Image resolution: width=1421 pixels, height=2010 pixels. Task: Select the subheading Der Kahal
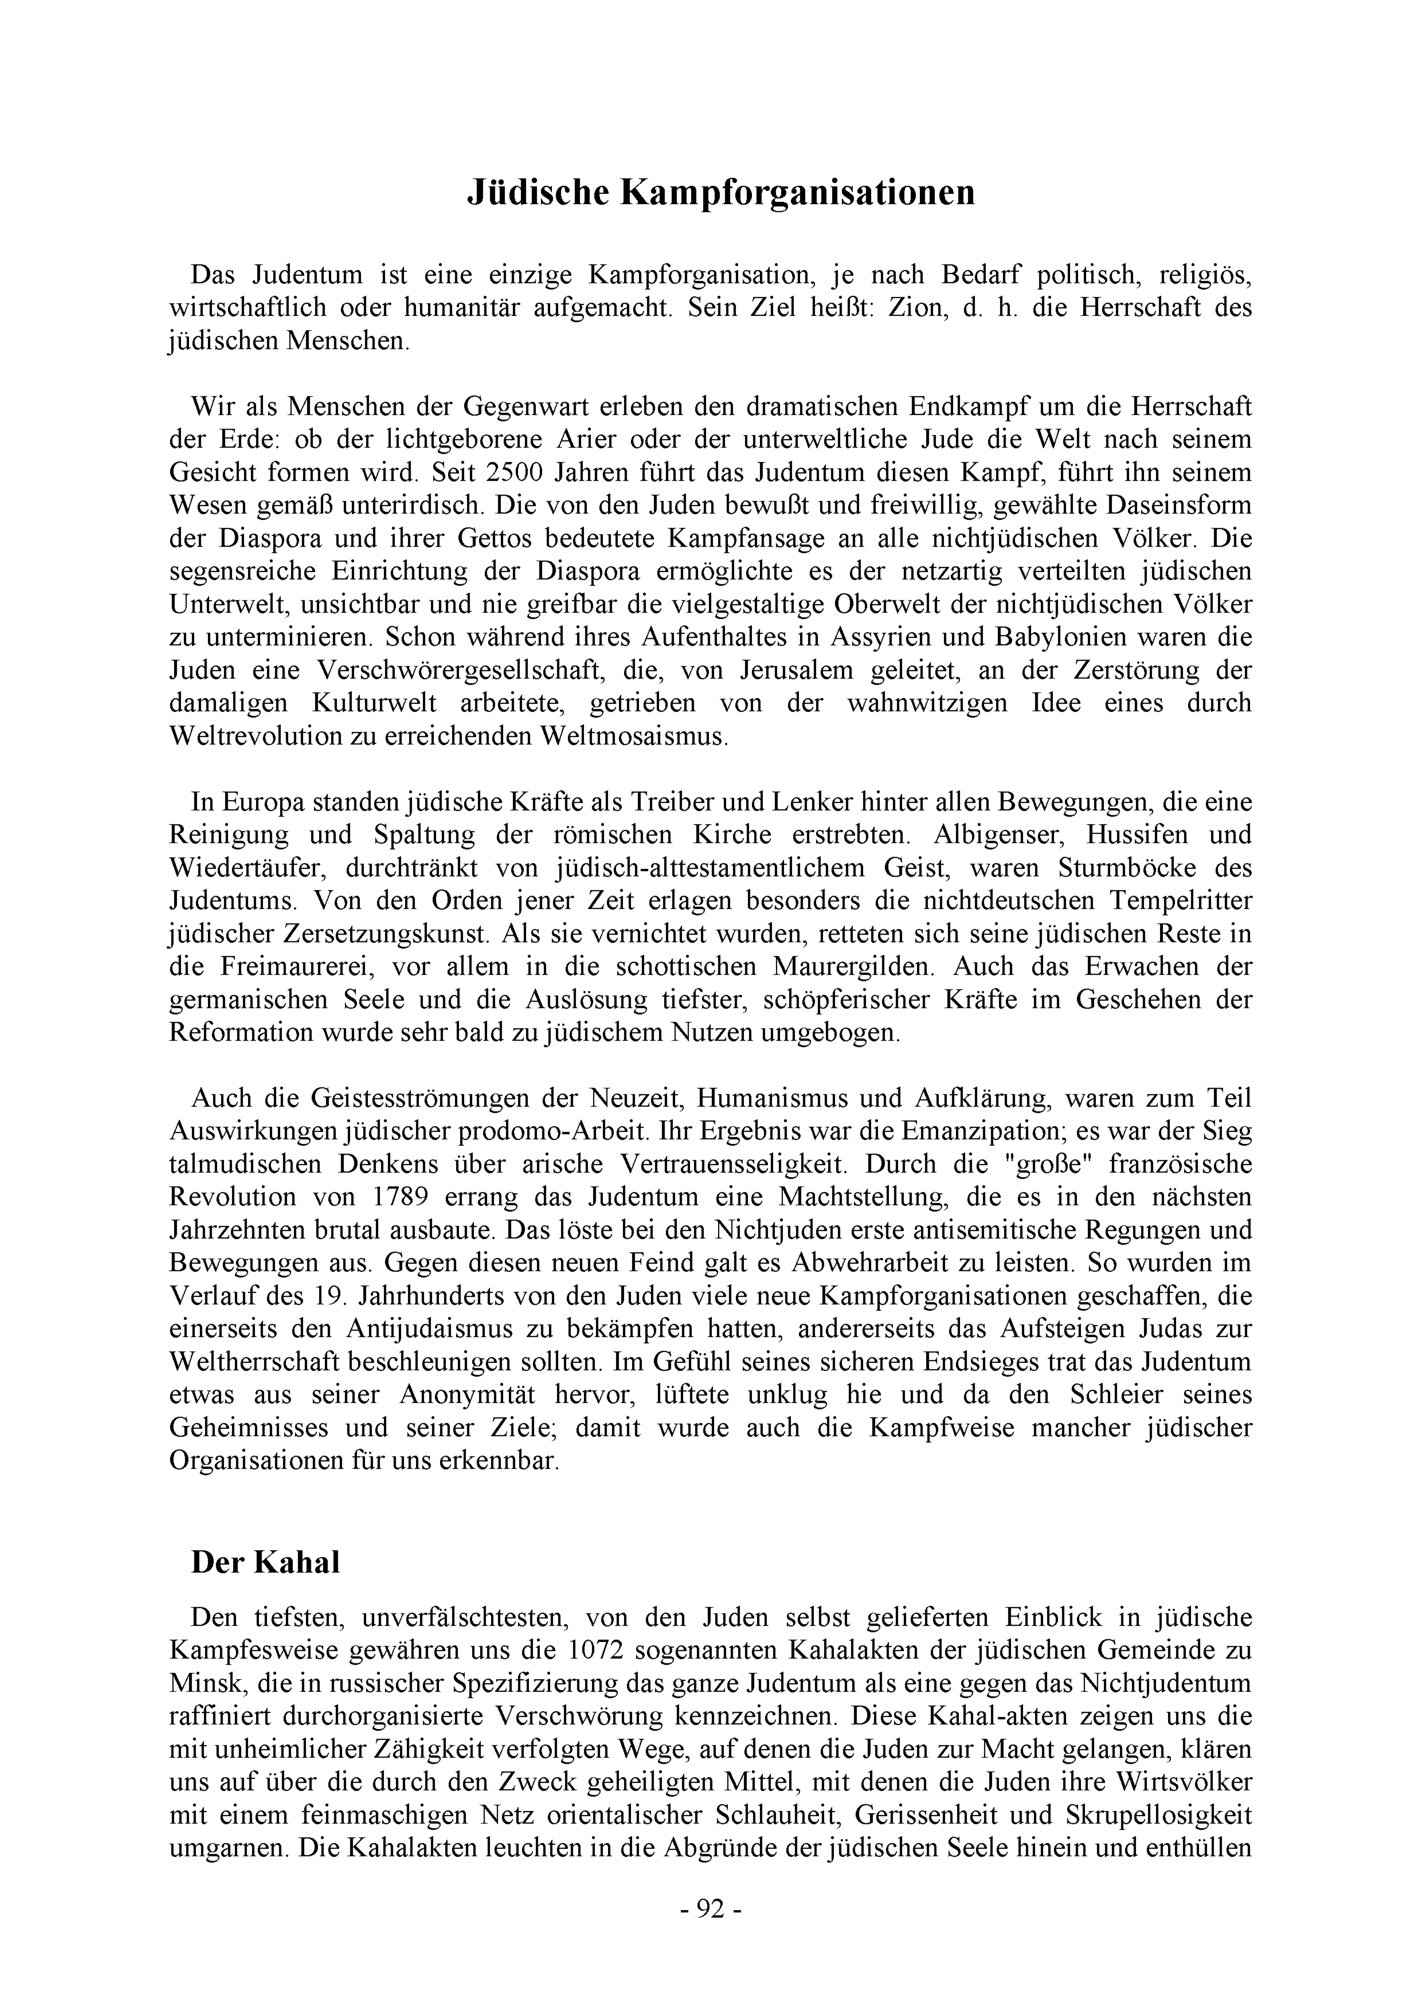point(265,1563)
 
